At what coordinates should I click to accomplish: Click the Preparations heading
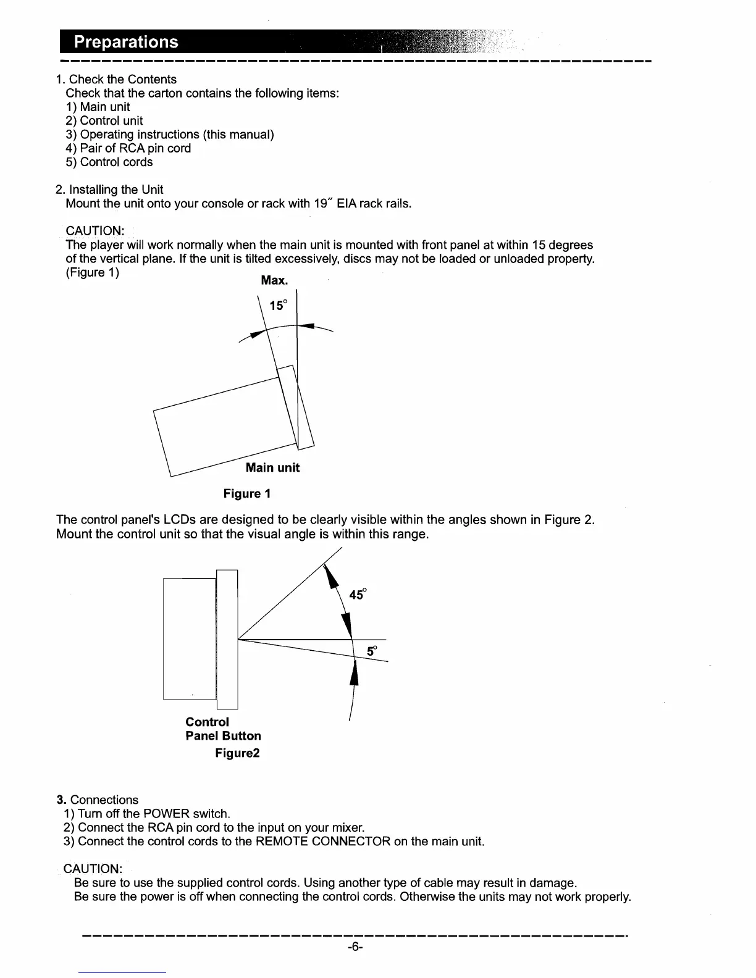coord(126,42)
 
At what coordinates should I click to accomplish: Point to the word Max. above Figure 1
coord(274,281)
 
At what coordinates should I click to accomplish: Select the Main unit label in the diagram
coord(272,468)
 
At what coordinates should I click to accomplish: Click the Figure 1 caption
coord(246,494)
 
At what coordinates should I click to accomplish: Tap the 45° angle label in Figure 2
coord(358,595)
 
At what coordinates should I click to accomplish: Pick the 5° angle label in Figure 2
coord(372,651)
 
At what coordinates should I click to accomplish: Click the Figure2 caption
coord(237,753)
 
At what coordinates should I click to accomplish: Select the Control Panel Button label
coord(223,729)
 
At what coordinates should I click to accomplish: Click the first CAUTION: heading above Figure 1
coord(95,232)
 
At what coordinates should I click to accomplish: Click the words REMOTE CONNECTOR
coord(329,842)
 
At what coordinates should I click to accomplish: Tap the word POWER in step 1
coord(161,814)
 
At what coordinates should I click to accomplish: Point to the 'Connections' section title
coord(104,800)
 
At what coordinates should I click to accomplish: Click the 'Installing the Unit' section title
coord(116,190)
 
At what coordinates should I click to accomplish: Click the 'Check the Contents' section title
coord(122,80)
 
